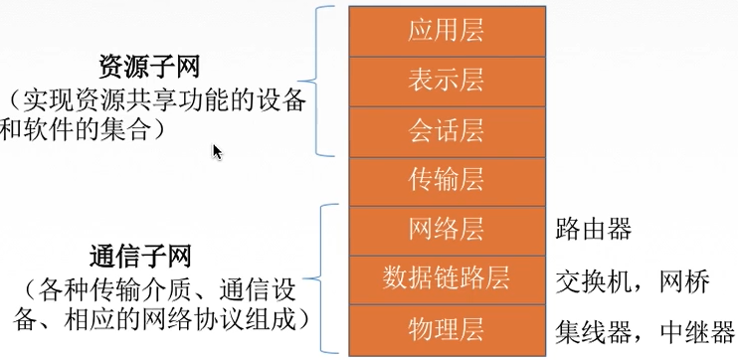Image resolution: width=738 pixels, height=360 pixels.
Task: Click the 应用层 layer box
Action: [446, 30]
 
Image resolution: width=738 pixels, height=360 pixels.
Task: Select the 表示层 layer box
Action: [446, 80]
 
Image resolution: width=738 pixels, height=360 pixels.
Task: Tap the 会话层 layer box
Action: [446, 129]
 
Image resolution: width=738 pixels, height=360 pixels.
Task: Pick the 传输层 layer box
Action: [446, 179]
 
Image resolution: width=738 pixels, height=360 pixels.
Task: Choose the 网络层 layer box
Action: [446, 230]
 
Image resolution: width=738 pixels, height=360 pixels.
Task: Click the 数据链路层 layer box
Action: [446, 279]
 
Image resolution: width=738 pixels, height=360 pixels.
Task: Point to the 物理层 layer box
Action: [446, 329]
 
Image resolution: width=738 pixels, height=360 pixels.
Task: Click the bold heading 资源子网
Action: [149, 67]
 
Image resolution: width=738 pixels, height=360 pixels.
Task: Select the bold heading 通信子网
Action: [149, 257]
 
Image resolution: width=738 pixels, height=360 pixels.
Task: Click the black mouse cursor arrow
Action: [217, 150]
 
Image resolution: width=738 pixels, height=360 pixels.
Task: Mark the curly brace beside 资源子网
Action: [322, 81]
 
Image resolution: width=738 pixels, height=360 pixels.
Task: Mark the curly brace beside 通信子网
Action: [322, 279]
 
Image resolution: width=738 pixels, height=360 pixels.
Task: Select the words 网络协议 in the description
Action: [203, 320]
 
